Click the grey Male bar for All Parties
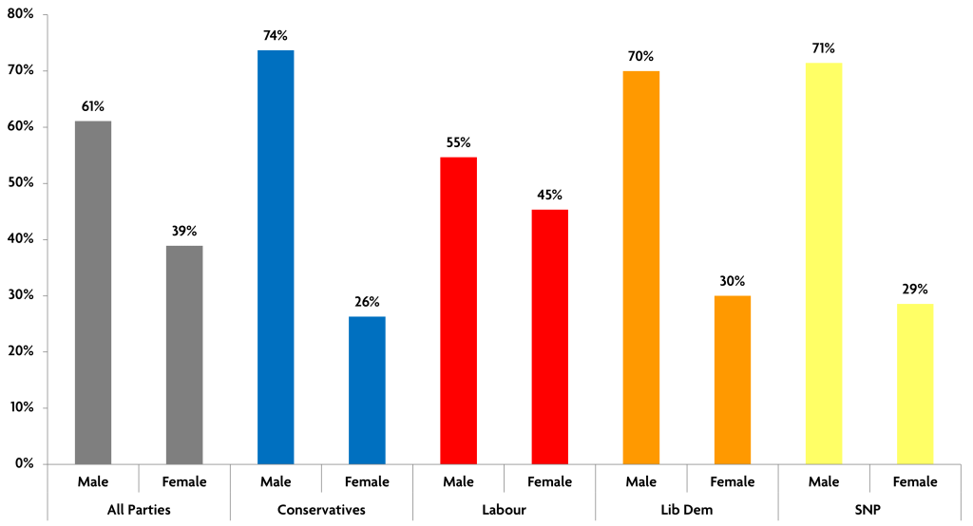93,292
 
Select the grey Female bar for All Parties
184,355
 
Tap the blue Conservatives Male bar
276,256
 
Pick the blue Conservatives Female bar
367,390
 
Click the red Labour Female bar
549,337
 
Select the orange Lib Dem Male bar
640,268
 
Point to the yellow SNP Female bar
915,384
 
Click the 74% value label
276,36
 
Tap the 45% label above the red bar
549,196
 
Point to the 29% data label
915,289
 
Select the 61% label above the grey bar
93,106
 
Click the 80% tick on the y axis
21,14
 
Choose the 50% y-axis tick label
21,183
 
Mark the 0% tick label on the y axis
25,464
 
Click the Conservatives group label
321,510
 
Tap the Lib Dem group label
686,510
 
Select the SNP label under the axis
868,510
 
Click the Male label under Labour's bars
458,481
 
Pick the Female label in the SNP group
915,481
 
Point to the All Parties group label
139,510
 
